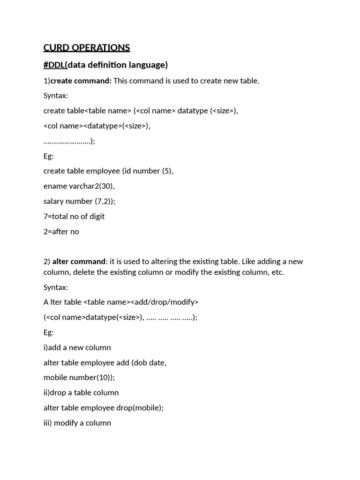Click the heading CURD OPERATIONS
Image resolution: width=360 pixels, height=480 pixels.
(x=87, y=48)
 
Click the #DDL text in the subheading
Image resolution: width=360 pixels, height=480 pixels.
(x=54, y=65)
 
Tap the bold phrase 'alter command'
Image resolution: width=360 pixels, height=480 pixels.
(x=79, y=261)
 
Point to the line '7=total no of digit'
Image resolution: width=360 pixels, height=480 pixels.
(x=74, y=216)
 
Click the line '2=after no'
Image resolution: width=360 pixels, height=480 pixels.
(x=61, y=231)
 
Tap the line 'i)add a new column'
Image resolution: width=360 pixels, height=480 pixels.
(x=77, y=347)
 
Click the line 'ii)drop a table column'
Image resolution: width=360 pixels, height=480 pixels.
(x=81, y=392)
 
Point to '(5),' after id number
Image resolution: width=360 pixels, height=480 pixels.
(x=168, y=171)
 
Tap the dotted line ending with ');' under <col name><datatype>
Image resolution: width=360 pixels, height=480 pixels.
(x=69, y=141)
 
